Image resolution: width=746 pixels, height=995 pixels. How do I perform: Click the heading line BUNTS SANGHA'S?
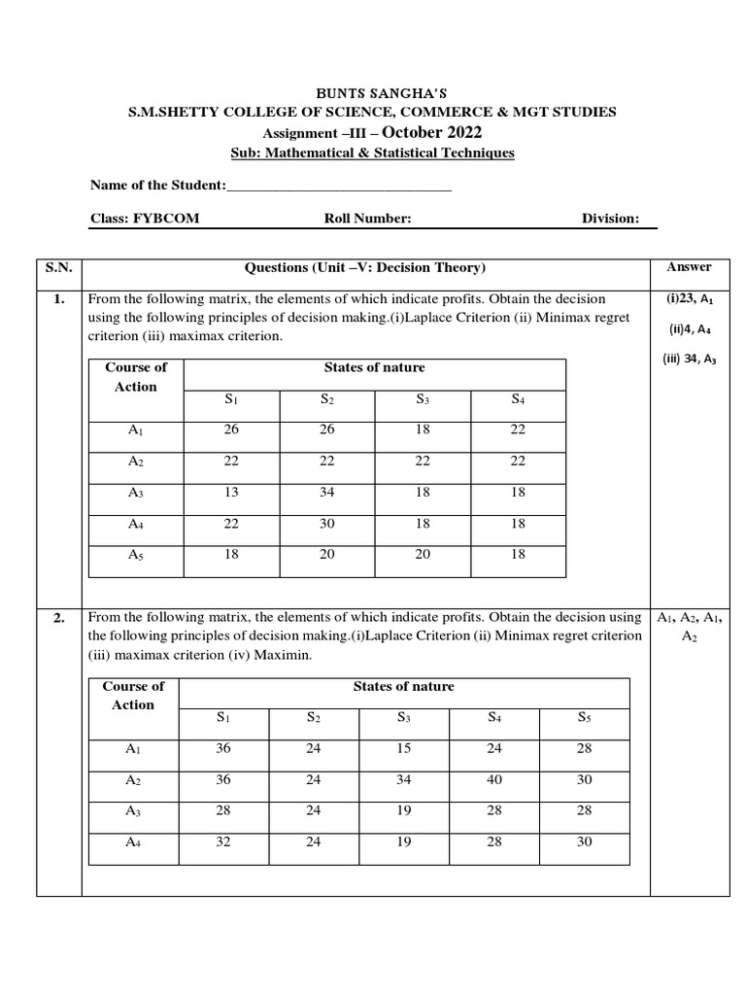coord(373,93)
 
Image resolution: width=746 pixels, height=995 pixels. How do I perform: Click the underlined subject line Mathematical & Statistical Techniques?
coord(373,154)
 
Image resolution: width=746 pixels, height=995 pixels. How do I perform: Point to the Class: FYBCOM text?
coord(145,219)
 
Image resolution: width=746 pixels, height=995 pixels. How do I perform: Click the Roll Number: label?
coord(368,219)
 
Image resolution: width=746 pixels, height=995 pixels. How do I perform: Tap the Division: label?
coord(610,219)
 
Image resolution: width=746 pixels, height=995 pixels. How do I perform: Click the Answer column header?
coord(689,267)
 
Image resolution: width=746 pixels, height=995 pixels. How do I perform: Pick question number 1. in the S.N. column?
coord(58,299)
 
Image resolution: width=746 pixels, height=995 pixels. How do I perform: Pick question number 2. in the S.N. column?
coord(58,618)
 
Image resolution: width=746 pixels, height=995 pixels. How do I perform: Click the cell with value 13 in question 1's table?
coord(231,493)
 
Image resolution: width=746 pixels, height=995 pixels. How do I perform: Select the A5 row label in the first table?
coord(136,554)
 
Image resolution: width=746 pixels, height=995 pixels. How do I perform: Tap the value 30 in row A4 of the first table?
coord(326,524)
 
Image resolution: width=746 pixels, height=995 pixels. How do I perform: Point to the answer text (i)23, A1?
coord(689,300)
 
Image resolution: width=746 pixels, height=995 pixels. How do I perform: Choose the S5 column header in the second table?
coord(584,718)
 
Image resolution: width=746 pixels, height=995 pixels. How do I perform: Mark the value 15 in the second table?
coord(404,749)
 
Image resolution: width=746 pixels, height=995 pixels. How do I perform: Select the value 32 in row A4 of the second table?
coord(223,842)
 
